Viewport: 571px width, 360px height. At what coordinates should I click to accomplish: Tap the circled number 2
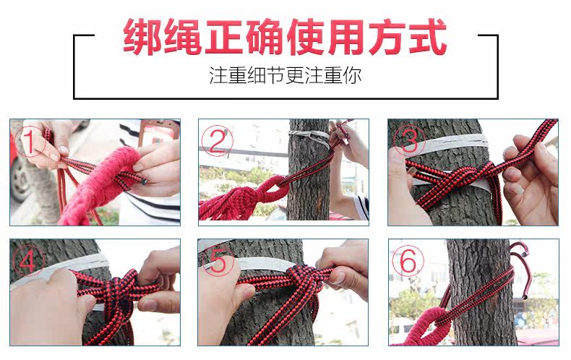[x=217, y=140]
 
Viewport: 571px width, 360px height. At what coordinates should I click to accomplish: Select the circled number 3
[x=409, y=140]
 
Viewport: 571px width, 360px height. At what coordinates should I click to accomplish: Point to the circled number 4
[x=29, y=260]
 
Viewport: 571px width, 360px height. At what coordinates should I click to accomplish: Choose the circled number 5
[x=218, y=260]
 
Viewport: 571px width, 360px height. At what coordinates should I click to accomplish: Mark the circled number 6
[x=408, y=260]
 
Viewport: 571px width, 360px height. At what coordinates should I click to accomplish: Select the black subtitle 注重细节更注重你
[x=285, y=75]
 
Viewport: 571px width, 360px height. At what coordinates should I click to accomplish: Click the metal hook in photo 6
[x=520, y=269]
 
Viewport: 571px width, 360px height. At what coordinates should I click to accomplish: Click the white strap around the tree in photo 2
[x=309, y=138]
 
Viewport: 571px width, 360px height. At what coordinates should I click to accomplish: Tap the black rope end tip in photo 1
[x=145, y=181]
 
